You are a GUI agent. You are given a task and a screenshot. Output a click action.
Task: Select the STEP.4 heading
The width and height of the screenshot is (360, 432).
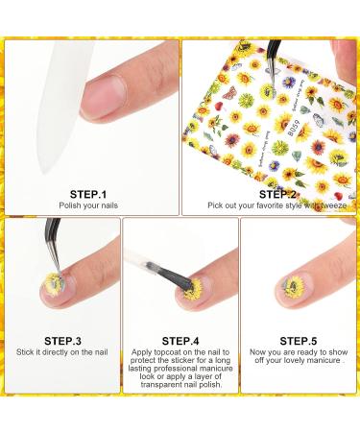pyautogui.click(x=180, y=340)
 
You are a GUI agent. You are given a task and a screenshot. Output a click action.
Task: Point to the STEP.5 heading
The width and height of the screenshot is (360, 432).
pyautogui.click(x=300, y=340)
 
